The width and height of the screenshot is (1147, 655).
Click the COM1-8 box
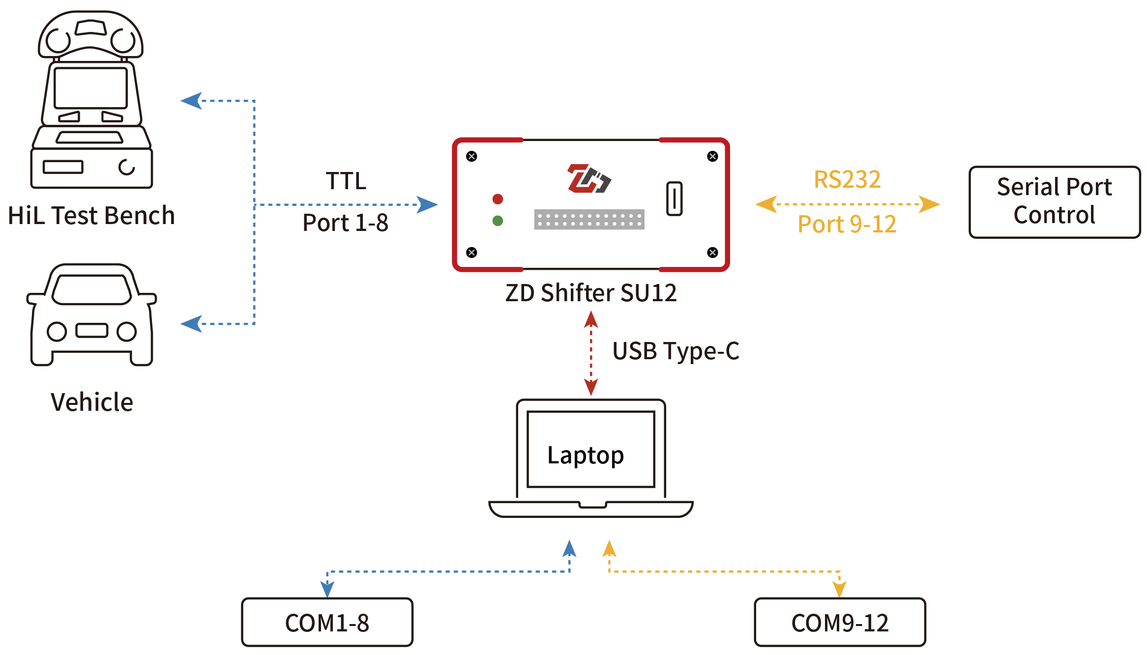click(327, 622)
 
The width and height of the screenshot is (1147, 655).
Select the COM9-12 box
click(840, 622)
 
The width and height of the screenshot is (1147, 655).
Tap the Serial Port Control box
click(1054, 202)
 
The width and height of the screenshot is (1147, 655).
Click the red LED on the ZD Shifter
click(498, 199)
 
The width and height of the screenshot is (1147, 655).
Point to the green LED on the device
click(498, 221)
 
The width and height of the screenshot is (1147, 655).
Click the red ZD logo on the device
click(588, 178)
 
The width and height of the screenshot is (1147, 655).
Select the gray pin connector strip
click(589, 220)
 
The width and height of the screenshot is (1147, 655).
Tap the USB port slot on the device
click(674, 199)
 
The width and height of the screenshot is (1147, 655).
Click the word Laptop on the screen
click(586, 456)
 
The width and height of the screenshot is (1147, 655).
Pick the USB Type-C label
click(676, 351)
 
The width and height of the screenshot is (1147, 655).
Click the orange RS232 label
click(847, 179)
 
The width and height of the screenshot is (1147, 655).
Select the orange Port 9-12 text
click(847, 225)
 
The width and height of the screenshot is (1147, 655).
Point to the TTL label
click(346, 181)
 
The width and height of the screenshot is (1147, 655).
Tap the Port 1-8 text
click(345, 223)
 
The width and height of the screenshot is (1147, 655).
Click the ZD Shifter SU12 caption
click(591, 293)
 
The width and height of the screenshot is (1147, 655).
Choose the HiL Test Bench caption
click(91, 216)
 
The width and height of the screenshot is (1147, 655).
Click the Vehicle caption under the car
click(92, 402)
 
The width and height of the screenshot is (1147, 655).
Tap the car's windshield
click(91, 289)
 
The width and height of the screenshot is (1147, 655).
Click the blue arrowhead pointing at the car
click(192, 324)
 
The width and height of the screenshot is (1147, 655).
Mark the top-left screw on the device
click(471, 157)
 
